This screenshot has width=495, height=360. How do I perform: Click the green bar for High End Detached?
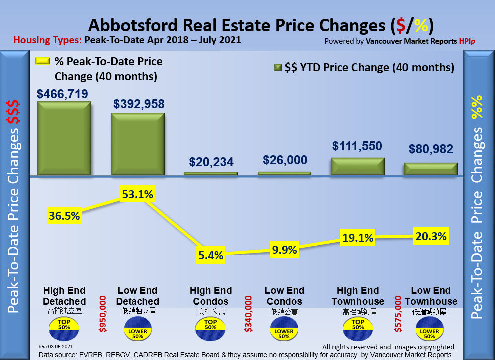64,138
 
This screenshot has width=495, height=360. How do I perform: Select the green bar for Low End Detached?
138,144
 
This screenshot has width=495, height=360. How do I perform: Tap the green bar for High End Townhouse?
358,167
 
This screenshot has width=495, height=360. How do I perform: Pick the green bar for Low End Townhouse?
431,169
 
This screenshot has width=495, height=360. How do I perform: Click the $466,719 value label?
62,94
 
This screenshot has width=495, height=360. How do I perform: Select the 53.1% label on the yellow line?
137,194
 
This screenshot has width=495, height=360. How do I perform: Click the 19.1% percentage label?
357,238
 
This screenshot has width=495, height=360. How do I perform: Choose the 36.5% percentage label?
64,216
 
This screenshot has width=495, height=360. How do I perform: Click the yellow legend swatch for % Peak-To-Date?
42,61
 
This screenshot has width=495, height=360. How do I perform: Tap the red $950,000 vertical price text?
103,313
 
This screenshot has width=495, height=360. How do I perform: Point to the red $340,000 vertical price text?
248,313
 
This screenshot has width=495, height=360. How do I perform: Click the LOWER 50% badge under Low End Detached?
138,331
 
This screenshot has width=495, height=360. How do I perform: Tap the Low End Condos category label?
284,296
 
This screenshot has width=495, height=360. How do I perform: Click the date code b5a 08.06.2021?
56,346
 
